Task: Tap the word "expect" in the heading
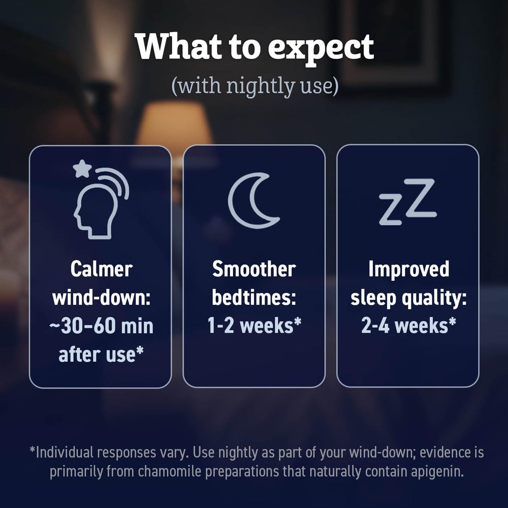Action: pos(321,49)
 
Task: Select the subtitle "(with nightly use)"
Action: pos(255,85)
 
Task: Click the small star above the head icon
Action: pos(82,169)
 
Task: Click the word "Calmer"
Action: pos(102,269)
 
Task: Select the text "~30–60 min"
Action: pos(102,326)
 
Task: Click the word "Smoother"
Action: pos(254,269)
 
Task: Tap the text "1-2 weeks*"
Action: pos(255,325)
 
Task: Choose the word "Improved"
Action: pos(409,269)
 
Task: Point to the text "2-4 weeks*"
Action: pos(408,325)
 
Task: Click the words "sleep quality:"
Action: pos(408,298)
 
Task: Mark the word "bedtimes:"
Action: pos(254,297)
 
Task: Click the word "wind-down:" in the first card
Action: pos(102,297)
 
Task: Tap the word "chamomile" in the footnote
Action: pos(170,471)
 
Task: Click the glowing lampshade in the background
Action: pos(174,123)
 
